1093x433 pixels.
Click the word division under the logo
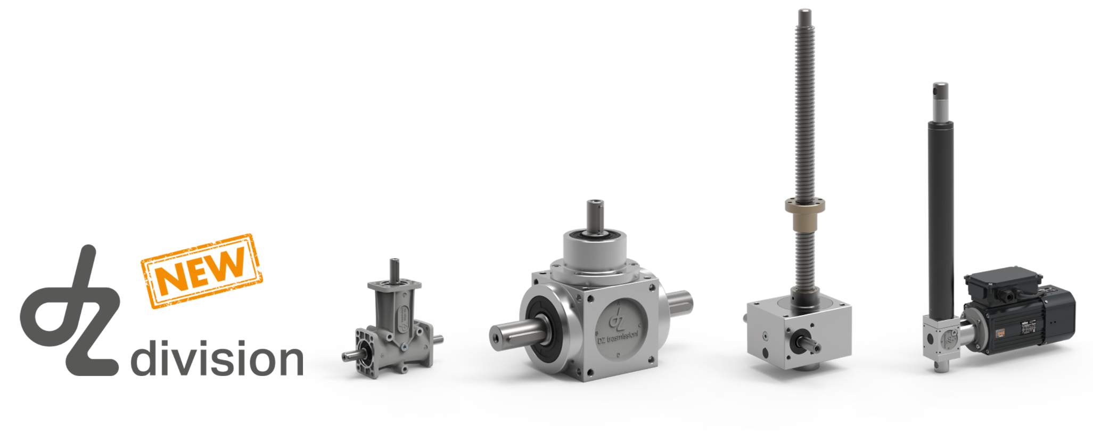click(217, 358)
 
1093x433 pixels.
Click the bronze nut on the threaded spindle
click(805, 214)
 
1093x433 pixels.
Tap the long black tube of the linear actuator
click(940, 213)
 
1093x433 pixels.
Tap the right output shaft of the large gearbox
click(679, 301)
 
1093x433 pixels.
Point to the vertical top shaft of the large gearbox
click(595, 216)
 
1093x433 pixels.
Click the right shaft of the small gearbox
click(437, 339)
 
